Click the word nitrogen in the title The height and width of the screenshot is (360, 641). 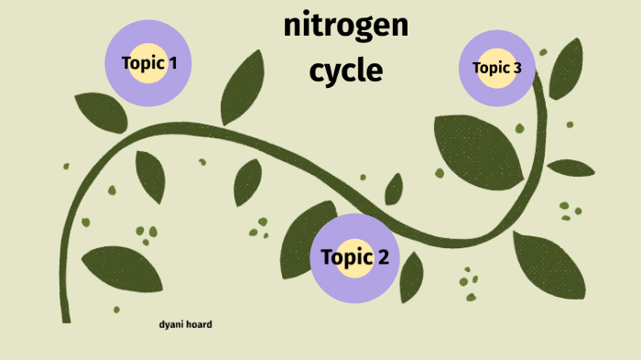346,27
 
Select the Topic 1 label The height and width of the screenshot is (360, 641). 149,63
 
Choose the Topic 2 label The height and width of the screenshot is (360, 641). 354,256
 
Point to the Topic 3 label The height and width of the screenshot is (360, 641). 496,68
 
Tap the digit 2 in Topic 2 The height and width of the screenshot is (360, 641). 381,256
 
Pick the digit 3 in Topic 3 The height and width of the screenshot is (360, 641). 517,68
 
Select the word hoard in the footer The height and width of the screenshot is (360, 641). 199,324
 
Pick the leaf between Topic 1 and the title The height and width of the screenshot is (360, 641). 242,88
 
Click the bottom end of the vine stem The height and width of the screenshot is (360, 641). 65,316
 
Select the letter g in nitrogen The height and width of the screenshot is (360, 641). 367,30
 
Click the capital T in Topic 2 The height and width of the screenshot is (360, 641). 328,256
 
